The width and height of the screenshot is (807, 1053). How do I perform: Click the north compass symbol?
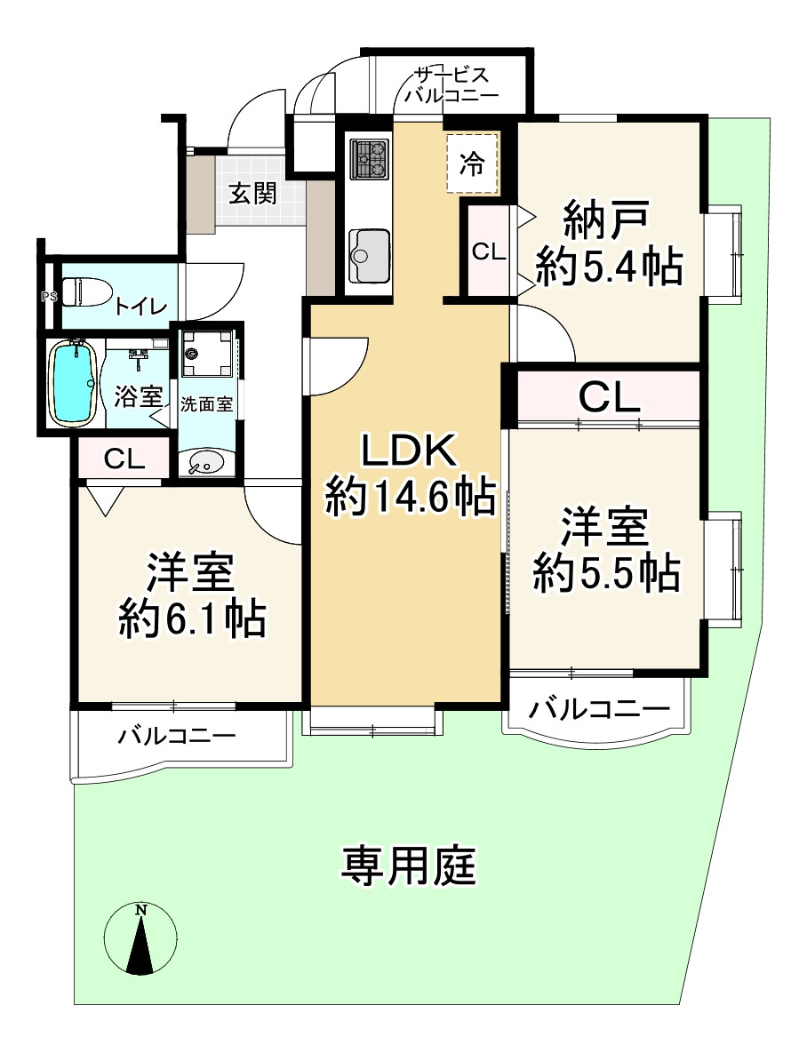click(x=140, y=940)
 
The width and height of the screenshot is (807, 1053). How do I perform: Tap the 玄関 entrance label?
click(x=252, y=194)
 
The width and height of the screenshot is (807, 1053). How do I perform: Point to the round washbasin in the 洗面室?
click(x=207, y=462)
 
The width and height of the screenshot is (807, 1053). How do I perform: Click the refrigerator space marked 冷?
click(x=472, y=163)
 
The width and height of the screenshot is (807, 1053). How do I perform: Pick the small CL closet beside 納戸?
click(x=488, y=251)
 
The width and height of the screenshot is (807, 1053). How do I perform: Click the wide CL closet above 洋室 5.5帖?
click(x=609, y=396)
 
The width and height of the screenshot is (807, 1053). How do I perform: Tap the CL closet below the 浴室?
click(x=124, y=459)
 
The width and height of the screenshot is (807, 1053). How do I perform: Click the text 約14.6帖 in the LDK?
click(x=410, y=498)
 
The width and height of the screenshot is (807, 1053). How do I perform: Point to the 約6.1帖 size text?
click(x=193, y=618)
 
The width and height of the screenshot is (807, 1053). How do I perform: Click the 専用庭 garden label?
click(x=409, y=865)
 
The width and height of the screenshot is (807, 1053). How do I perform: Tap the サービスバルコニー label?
click(x=451, y=85)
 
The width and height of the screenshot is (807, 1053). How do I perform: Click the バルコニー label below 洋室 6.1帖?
click(x=177, y=736)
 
